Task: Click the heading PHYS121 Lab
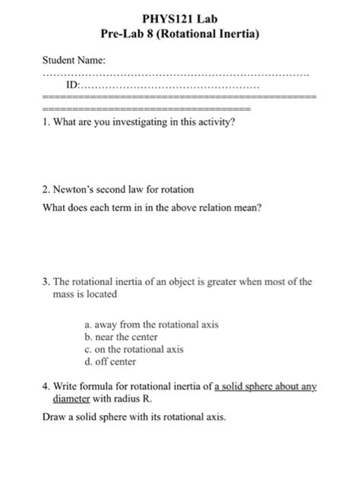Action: [179, 18]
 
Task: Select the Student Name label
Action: [73, 59]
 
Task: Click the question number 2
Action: [45, 189]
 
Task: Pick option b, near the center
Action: [121, 337]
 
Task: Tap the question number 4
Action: [45, 386]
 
